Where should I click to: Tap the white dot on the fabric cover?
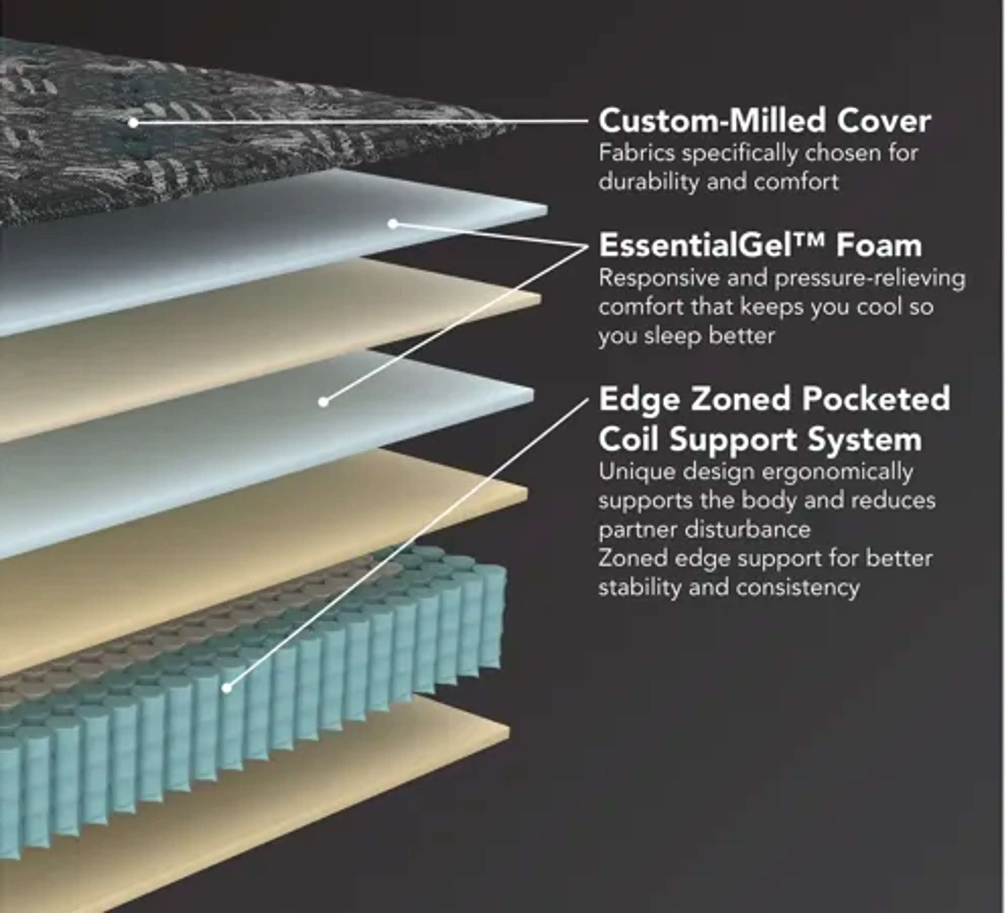pyautogui.click(x=133, y=122)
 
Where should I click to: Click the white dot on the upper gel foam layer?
pyautogui.click(x=393, y=224)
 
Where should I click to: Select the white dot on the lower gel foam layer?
pyautogui.click(x=323, y=401)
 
